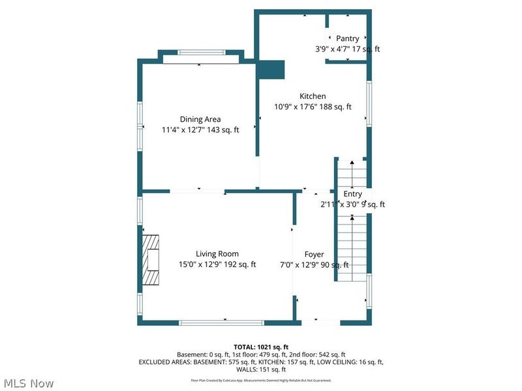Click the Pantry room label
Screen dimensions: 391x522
coord(347,38)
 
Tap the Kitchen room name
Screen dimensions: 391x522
coord(313,96)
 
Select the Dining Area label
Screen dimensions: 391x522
coord(200,119)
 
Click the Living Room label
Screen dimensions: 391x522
coord(217,254)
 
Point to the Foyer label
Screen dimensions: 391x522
coord(314,254)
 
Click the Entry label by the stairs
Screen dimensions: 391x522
coord(352,194)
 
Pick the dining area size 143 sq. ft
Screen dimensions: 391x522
coord(224,130)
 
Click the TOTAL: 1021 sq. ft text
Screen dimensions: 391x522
coord(260,347)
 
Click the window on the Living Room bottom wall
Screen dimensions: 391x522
coord(222,322)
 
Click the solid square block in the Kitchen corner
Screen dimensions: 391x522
coord(271,69)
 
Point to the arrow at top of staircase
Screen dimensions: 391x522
coord(352,162)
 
